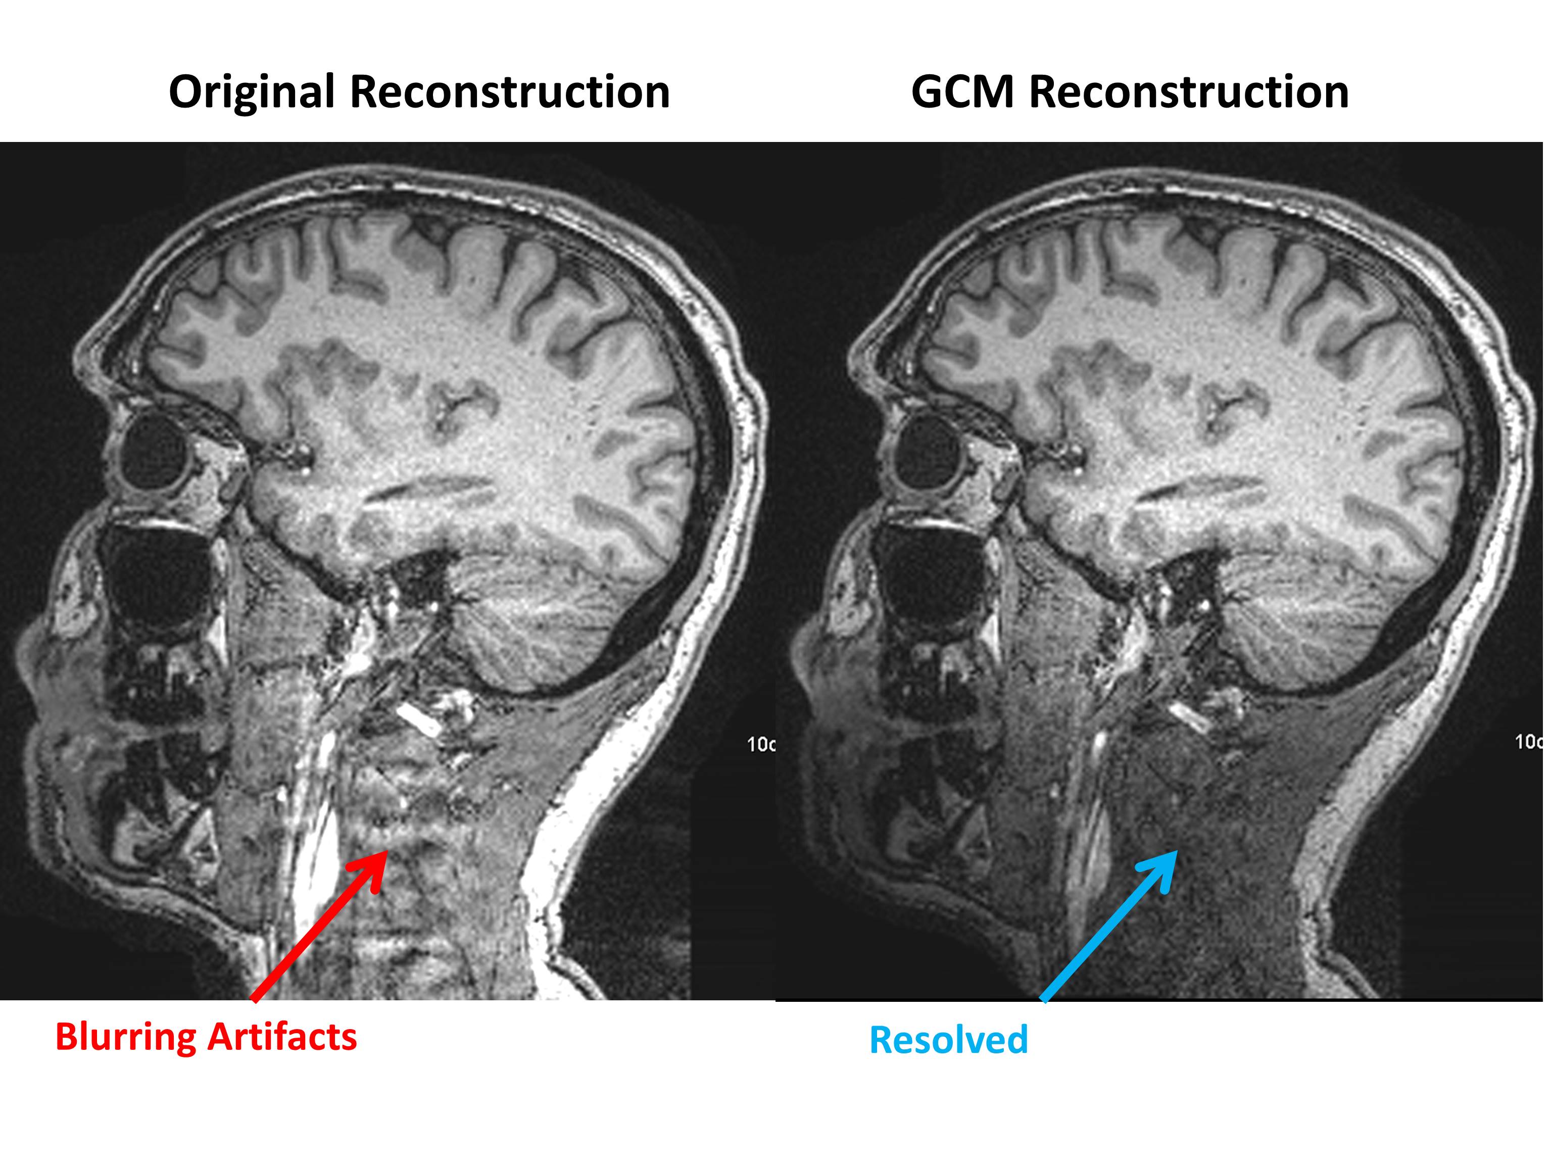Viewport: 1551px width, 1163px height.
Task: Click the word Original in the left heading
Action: (253, 92)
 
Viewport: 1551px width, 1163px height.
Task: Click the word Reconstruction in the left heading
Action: (509, 92)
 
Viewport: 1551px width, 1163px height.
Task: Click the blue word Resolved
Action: (948, 1040)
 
